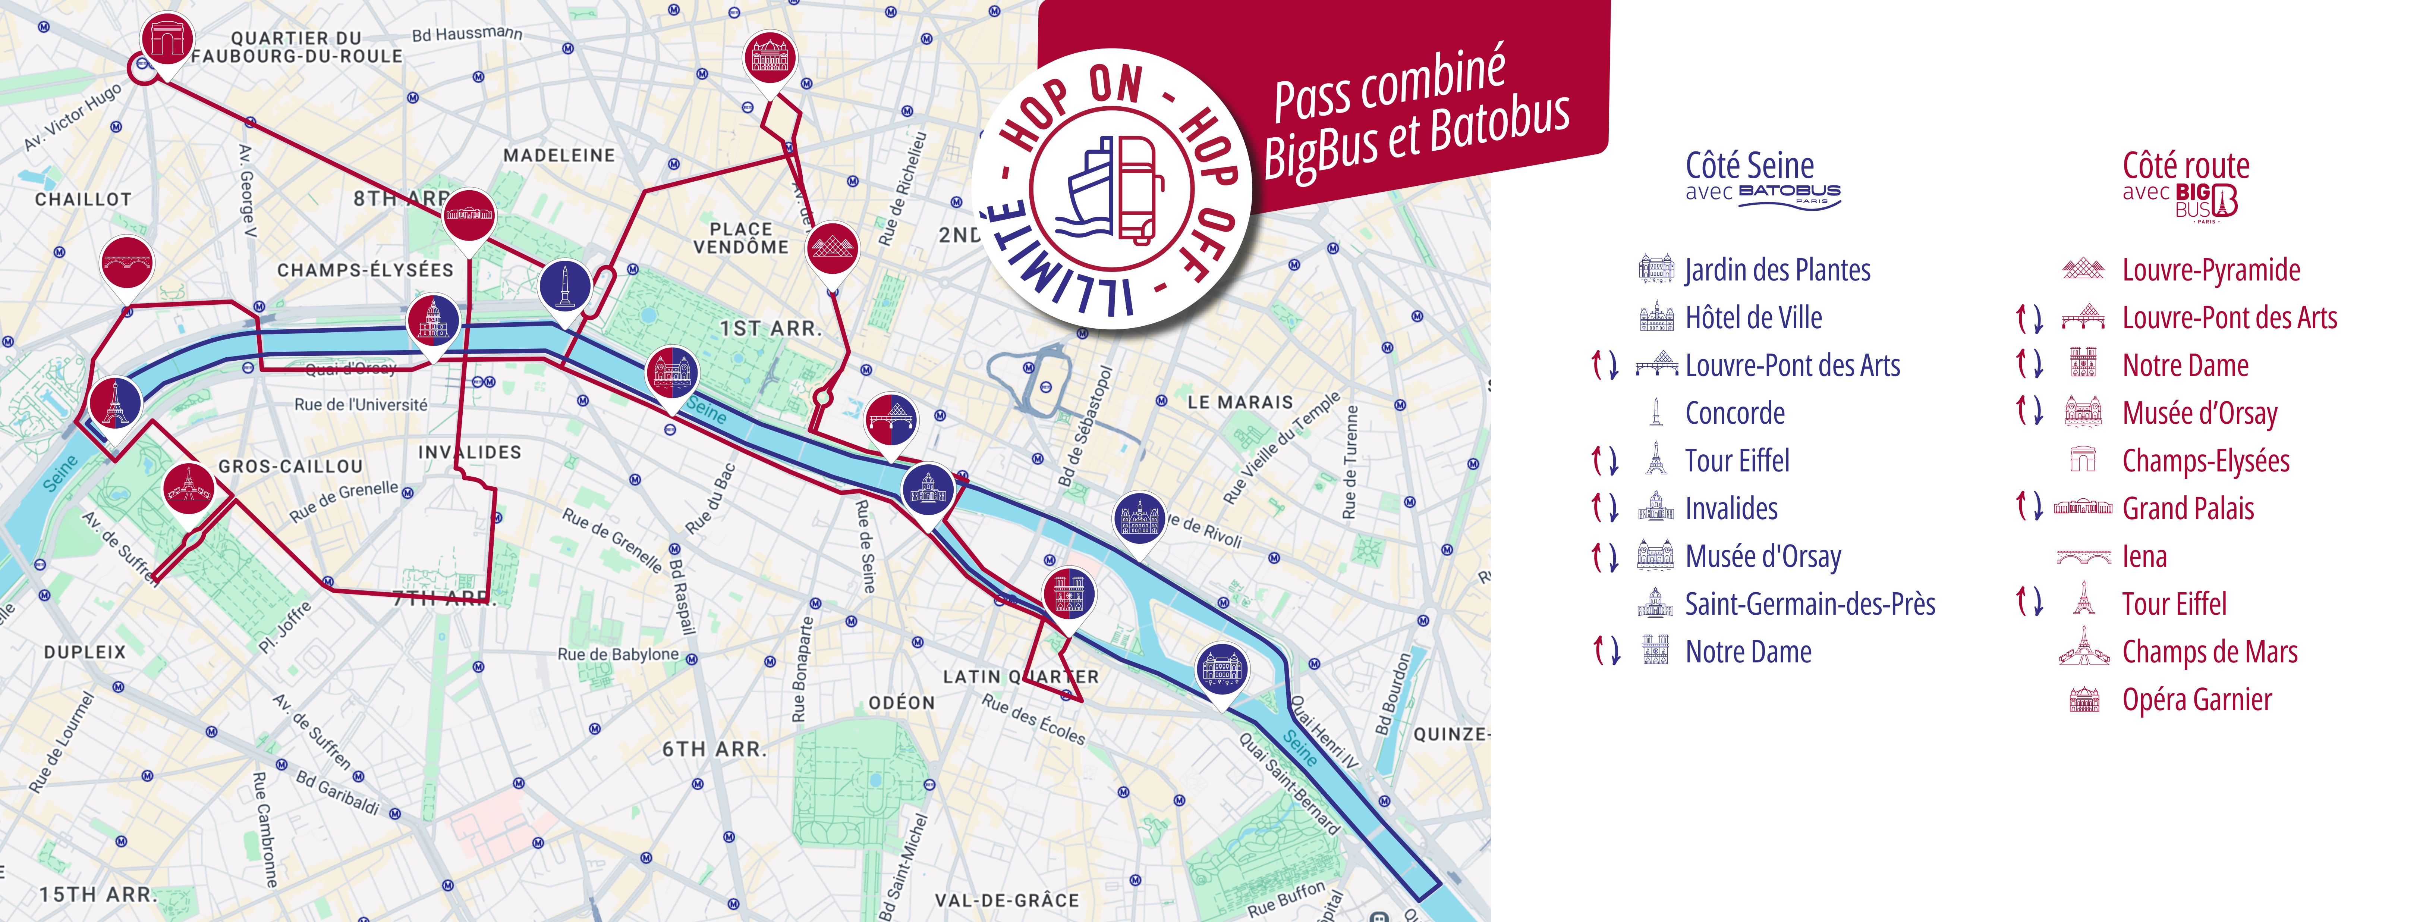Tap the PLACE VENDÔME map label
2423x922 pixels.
[741, 238]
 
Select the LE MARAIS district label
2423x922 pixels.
[1240, 402]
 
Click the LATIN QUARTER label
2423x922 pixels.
[1020, 677]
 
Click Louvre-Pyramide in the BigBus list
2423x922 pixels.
[2210, 270]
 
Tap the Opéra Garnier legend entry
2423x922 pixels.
[2196, 700]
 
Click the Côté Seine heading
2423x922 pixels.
[1750, 166]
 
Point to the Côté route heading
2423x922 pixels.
[2185, 166]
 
